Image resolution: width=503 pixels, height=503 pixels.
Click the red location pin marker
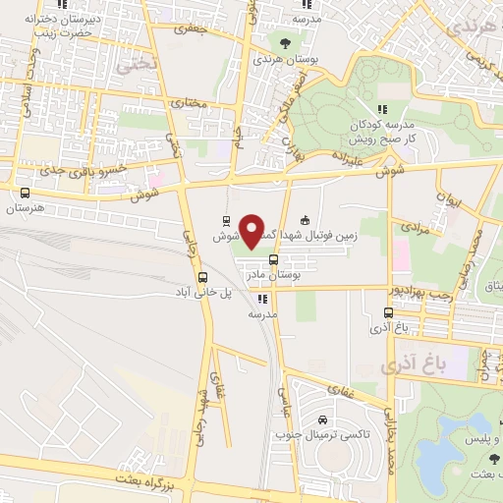pyautogui.click(x=254, y=231)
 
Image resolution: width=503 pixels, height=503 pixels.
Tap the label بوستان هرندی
pyautogui.click(x=287, y=59)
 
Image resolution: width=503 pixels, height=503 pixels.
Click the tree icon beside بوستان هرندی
pyautogui.click(x=286, y=42)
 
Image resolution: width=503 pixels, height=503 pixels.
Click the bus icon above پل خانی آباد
pyautogui.click(x=203, y=278)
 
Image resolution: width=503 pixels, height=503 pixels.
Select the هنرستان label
pyautogui.click(x=27, y=209)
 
